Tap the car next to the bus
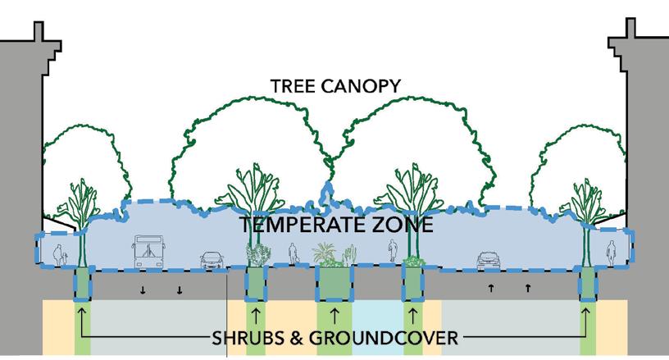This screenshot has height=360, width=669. click(x=212, y=261)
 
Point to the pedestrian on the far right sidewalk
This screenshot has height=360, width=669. click(x=610, y=253)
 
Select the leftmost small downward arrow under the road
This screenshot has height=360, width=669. click(x=143, y=289)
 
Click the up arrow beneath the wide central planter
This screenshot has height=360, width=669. click(x=334, y=314)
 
